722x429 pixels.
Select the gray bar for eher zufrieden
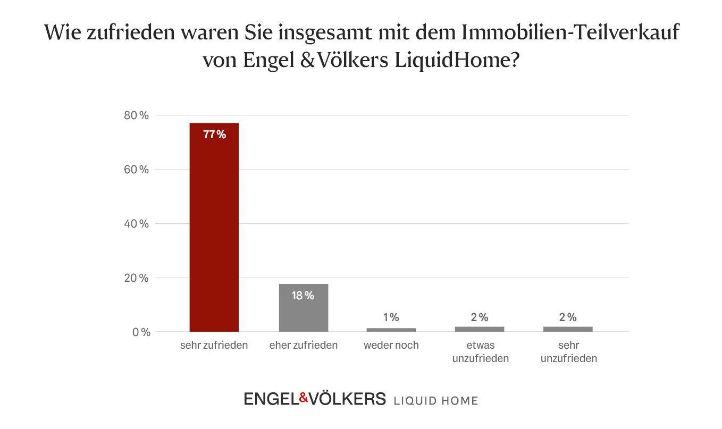point(303,308)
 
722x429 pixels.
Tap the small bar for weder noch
point(391,330)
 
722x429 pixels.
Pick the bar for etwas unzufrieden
point(479,329)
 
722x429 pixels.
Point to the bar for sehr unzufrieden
point(567,329)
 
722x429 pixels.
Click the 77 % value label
point(214,134)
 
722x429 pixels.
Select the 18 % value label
point(303,296)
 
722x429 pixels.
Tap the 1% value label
point(391,317)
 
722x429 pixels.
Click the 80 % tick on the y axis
point(137,115)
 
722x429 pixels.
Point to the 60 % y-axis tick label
point(137,170)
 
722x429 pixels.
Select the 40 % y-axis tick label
point(137,224)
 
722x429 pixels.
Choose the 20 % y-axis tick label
point(137,278)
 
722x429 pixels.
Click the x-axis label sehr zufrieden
point(214,345)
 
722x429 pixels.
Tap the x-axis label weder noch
point(391,345)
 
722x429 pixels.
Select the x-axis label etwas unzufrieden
point(480,351)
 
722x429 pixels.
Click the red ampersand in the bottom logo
point(303,397)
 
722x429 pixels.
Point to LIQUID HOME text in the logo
point(435,400)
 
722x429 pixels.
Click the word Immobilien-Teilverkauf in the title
point(570,33)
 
